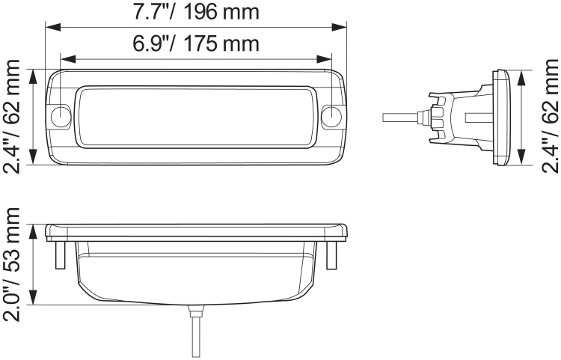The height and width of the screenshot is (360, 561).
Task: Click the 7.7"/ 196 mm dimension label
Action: [x=196, y=12]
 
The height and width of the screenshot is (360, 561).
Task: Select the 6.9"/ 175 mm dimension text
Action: [x=196, y=43]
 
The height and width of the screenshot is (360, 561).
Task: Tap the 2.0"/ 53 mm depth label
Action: [x=11, y=264]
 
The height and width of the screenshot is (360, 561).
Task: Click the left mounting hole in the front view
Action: [x=61, y=116]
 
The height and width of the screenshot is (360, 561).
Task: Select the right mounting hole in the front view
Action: [x=331, y=116]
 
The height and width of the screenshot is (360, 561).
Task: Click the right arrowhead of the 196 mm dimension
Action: [x=339, y=27]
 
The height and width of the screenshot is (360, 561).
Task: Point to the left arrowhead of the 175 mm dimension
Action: [x=69, y=59]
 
